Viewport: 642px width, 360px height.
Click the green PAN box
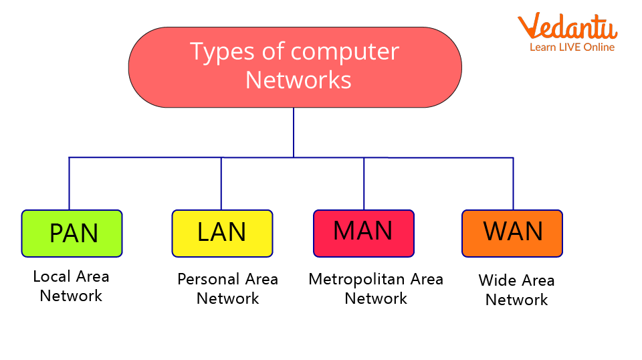pyautogui.click(x=72, y=234)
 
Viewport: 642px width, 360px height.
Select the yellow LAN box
pyautogui.click(x=222, y=234)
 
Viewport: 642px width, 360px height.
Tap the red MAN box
pyautogui.click(x=364, y=234)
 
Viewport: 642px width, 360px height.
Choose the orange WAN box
pyautogui.click(x=512, y=234)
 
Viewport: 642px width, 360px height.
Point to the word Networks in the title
pyautogui.click(x=298, y=80)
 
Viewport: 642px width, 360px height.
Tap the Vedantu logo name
pyautogui.click(x=568, y=27)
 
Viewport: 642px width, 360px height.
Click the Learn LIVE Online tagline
pyautogui.click(x=572, y=48)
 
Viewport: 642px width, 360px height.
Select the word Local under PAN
pyautogui.click(x=51, y=276)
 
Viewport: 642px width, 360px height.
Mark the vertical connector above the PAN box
pyautogui.click(x=69, y=184)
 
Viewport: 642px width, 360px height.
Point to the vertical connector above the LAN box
pyautogui.click(x=221, y=184)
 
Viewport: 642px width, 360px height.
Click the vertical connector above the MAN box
pyautogui.click(x=364, y=184)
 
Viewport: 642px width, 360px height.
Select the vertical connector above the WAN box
pyautogui.click(x=513, y=184)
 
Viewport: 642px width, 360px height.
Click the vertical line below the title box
pyautogui.click(x=294, y=132)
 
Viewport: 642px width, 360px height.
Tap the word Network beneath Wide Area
pyautogui.click(x=516, y=300)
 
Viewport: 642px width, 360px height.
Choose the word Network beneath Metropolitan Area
pyautogui.click(x=376, y=298)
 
